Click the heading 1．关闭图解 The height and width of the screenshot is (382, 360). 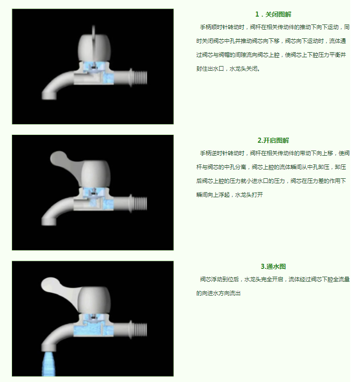tap(273, 14)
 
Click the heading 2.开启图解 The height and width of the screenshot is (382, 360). tap(273, 140)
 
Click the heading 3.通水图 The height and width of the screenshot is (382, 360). tap(273, 266)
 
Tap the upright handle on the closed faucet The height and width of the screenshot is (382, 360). tap(94, 34)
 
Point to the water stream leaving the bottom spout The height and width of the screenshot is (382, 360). tap(48, 364)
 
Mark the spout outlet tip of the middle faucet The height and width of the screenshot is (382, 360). tap(48, 221)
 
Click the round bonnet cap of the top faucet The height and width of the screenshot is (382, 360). tap(95, 48)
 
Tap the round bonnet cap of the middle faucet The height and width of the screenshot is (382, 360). tap(96, 174)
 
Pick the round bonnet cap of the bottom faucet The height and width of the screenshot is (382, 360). tap(95, 300)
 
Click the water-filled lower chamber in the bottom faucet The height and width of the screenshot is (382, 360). tap(94, 329)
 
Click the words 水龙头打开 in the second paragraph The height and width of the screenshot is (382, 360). tap(249, 194)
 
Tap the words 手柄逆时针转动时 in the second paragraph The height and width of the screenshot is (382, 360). tap(222, 153)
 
